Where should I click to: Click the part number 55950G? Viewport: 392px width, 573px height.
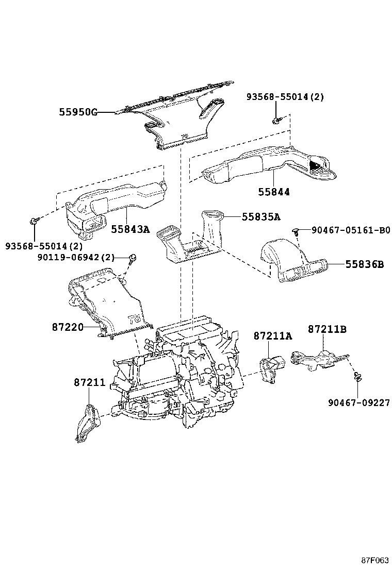[78, 112]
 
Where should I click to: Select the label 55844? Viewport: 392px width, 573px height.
[274, 192]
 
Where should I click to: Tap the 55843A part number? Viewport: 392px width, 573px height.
[130, 229]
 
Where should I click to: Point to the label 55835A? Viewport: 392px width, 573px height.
[261, 217]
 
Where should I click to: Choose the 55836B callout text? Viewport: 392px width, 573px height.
[364, 264]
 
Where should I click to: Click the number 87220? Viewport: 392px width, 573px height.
[68, 326]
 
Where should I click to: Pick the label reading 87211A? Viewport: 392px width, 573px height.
[272, 336]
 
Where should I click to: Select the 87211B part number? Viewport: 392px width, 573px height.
[327, 329]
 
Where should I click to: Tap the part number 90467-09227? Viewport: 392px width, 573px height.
[358, 402]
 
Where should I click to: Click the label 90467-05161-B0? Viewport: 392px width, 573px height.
[350, 230]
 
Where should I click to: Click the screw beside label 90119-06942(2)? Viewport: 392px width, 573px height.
[132, 258]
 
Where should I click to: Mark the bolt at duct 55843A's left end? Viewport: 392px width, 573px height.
[34, 222]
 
